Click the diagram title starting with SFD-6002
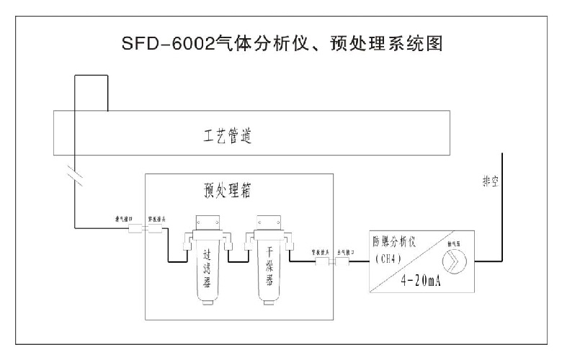tap(280, 43)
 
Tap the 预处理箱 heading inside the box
tap(228, 191)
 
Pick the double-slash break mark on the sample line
tap(74, 173)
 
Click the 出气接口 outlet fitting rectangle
tap(339, 264)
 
